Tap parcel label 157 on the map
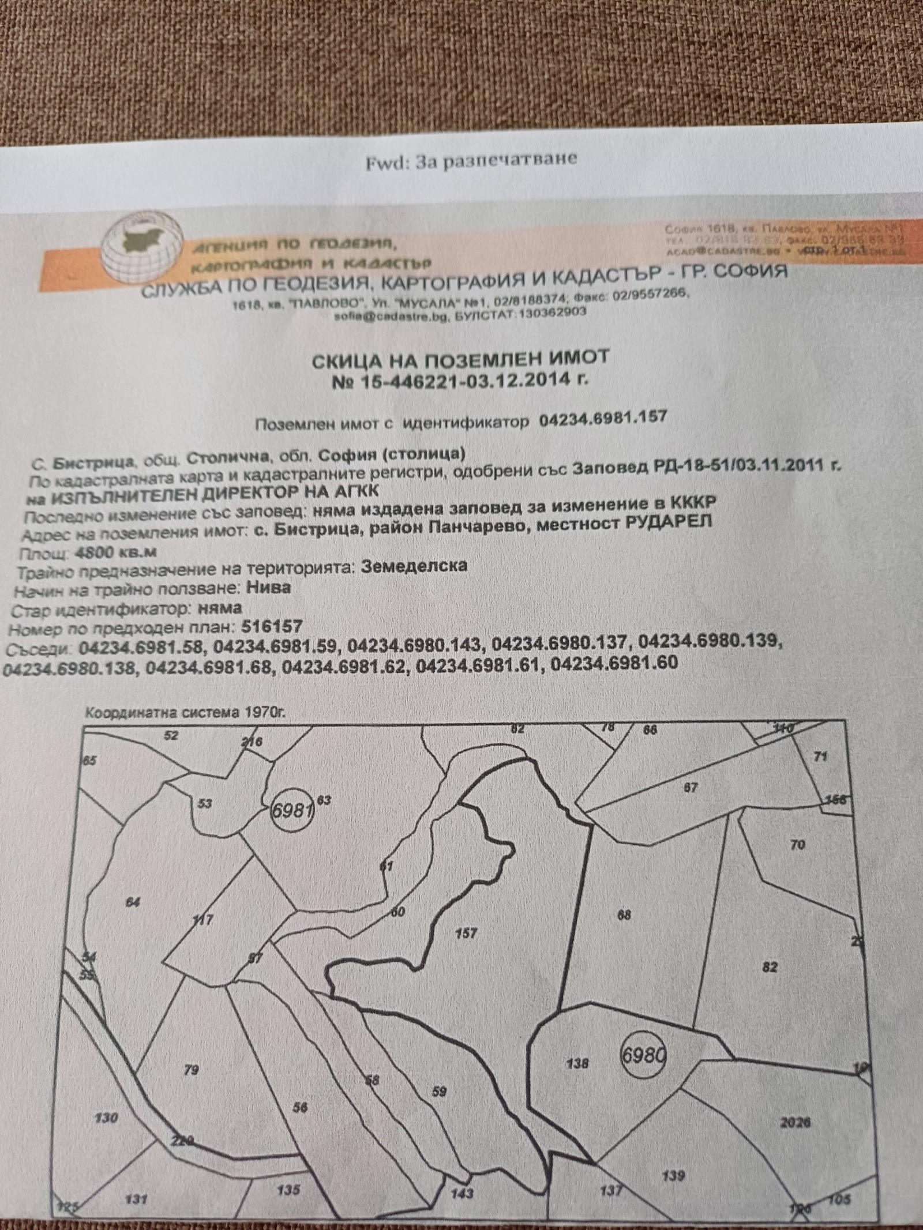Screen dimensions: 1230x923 (466, 932)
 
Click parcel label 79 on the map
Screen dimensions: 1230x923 (191, 1070)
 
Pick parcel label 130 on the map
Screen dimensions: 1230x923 (106, 1118)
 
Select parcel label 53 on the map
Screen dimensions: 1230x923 (205, 803)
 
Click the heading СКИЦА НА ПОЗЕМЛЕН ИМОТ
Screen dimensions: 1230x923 (460, 360)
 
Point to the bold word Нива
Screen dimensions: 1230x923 (268, 587)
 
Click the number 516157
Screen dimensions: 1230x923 (272, 626)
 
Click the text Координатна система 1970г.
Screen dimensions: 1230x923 (185, 712)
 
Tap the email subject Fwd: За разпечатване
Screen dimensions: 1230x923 (471, 161)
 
